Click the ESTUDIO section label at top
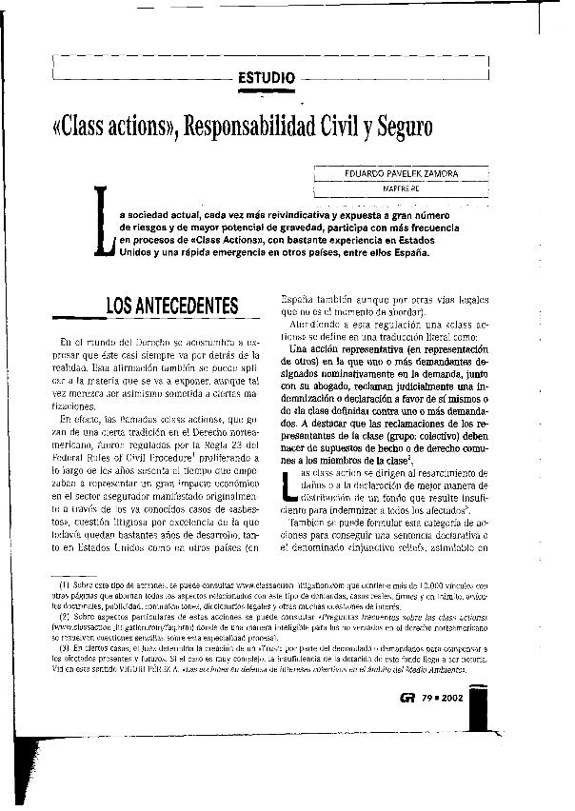coord(270,75)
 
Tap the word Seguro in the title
coord(399,127)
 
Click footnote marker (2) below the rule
coord(64,616)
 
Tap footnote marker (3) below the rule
coord(64,648)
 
